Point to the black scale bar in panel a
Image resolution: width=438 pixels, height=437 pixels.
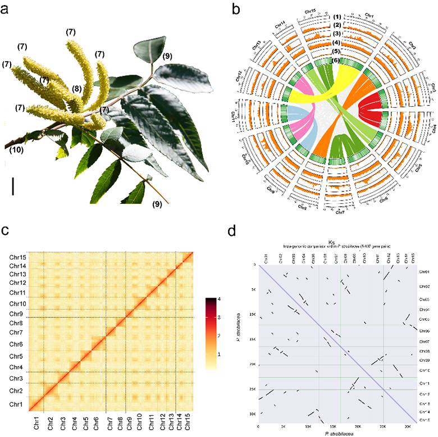pyautogui.click(x=13, y=186)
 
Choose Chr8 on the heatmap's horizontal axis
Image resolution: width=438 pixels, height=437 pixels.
pyautogui.click(x=120, y=418)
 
